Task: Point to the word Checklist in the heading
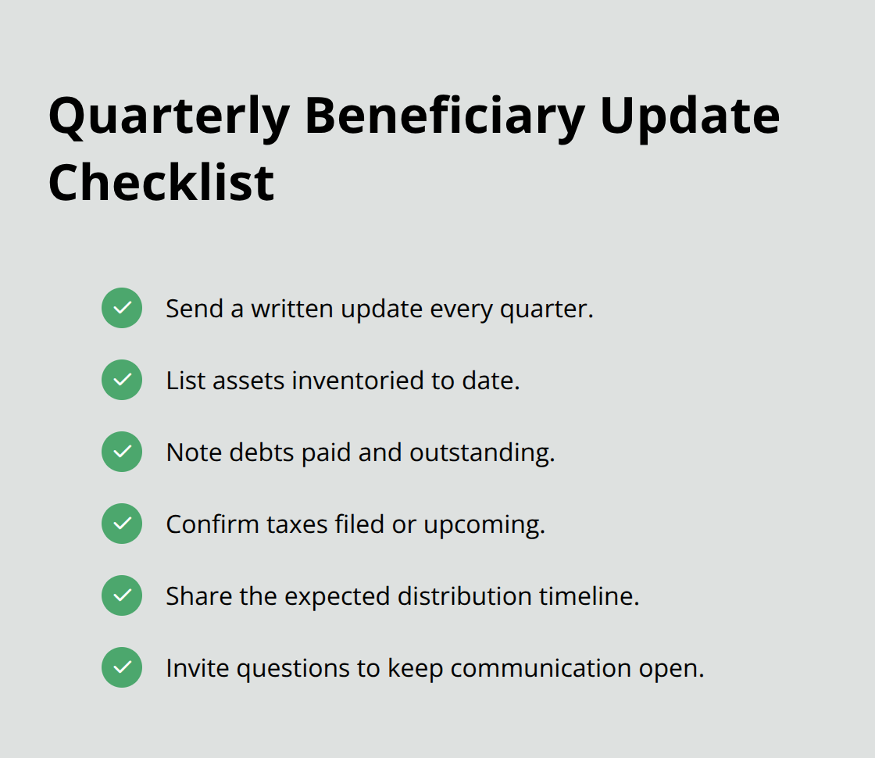coord(161,183)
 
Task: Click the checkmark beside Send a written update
coord(122,308)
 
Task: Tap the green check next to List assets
coord(122,380)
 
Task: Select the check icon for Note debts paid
coord(122,452)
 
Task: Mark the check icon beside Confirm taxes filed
coord(122,524)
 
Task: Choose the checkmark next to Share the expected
coord(122,595)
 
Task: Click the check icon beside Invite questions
coord(122,667)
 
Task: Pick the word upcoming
coord(484,525)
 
